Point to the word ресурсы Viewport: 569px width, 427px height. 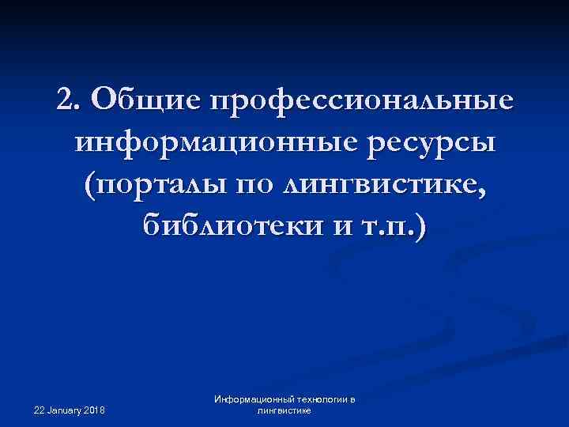click(428, 145)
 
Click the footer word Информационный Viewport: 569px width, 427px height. click(251, 400)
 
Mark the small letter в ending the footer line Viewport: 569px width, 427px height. click(352, 400)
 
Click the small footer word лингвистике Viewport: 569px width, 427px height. click(284, 411)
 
